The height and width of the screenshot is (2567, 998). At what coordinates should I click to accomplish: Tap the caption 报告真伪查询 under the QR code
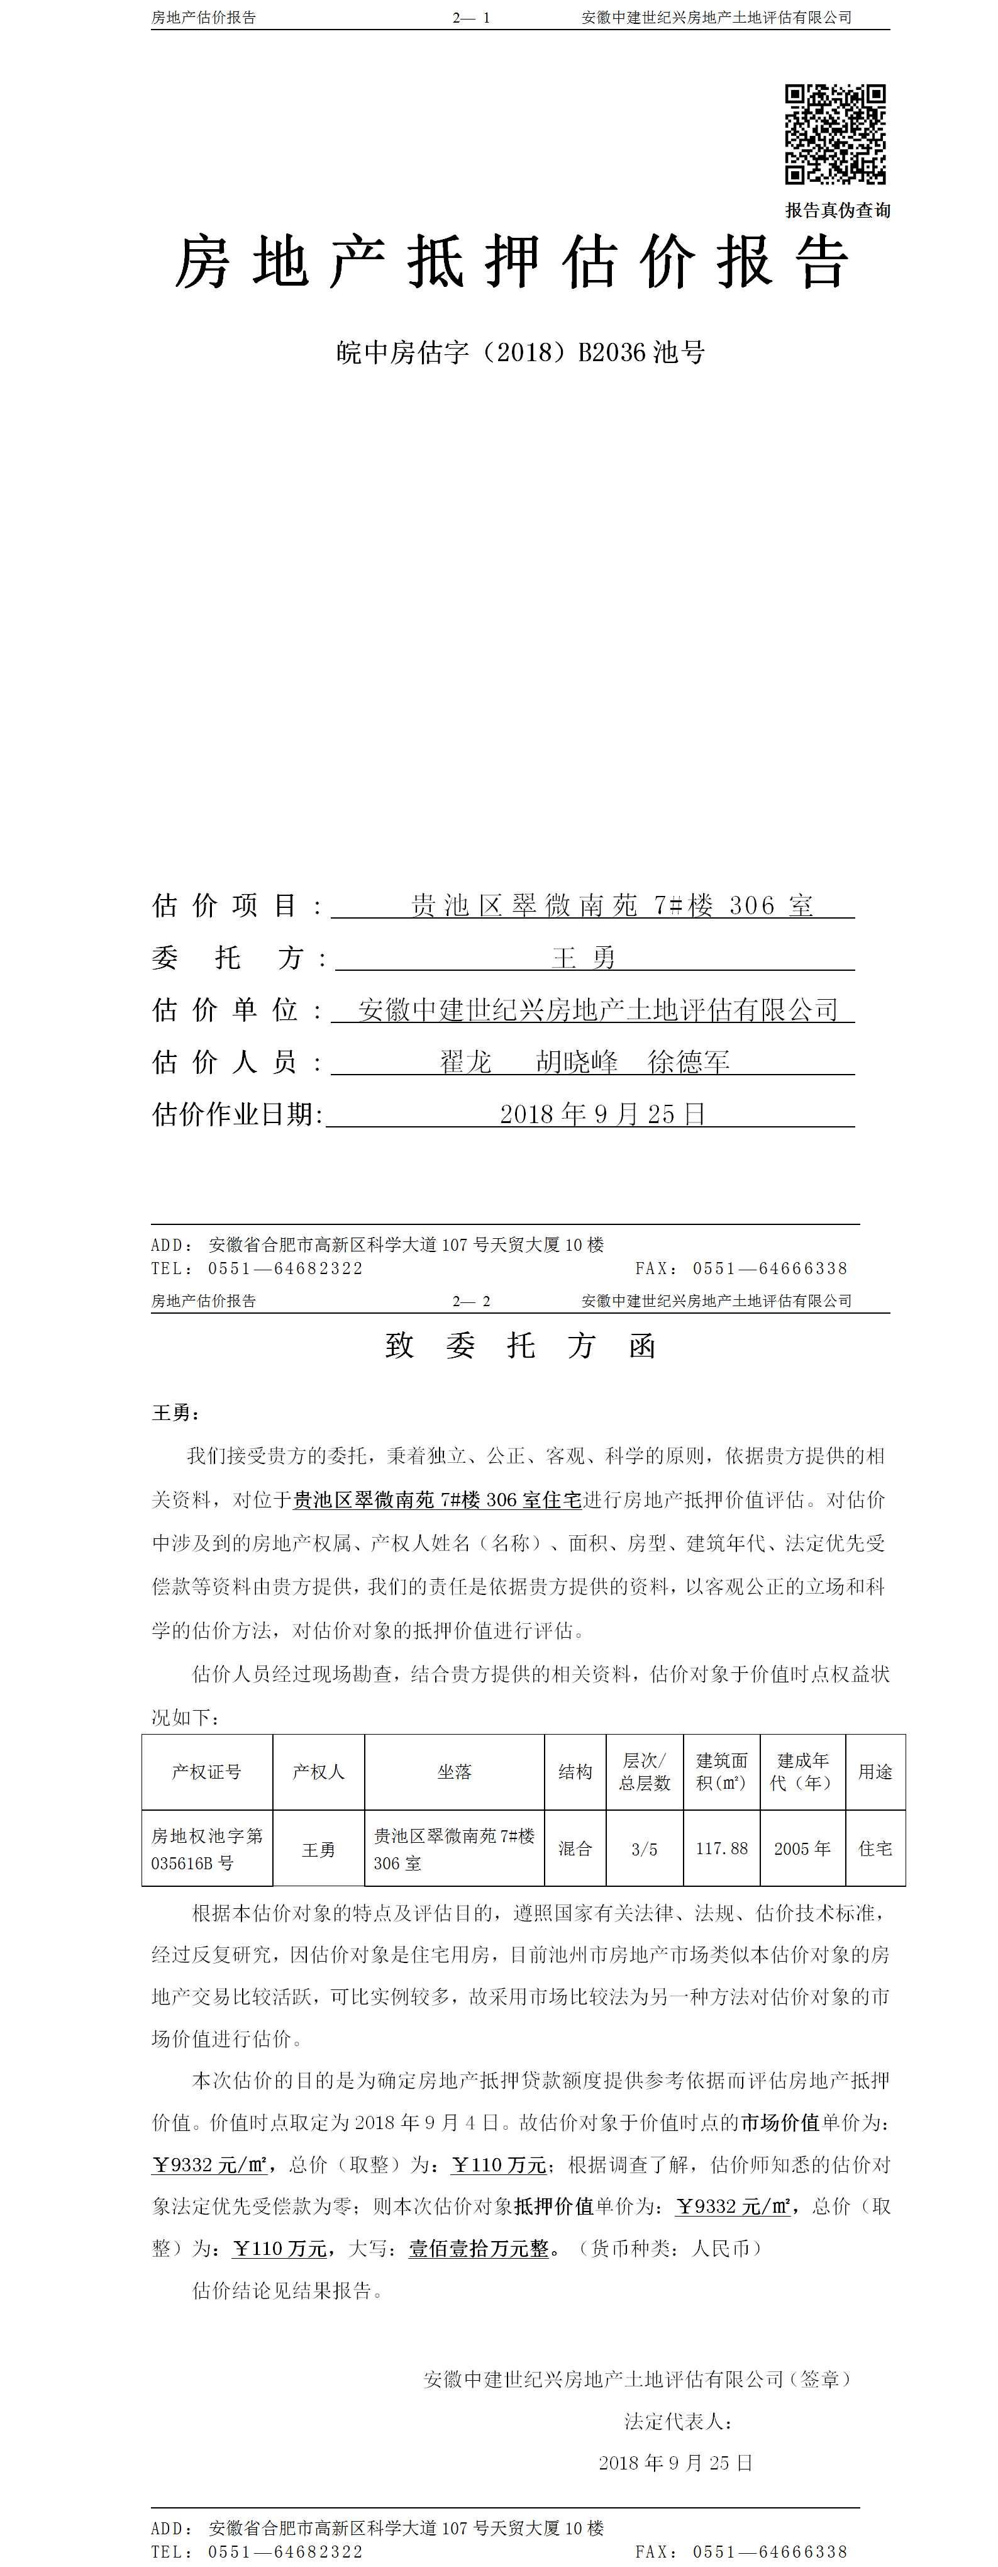pyautogui.click(x=838, y=210)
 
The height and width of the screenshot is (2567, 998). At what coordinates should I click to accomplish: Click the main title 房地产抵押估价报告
pyautogui.click(x=512, y=263)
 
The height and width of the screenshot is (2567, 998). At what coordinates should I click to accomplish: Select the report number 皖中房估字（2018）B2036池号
pyautogui.click(x=520, y=353)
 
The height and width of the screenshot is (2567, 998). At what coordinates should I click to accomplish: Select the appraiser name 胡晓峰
pyautogui.click(x=577, y=1062)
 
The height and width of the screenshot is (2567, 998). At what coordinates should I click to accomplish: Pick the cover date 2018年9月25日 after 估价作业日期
pyautogui.click(x=602, y=1114)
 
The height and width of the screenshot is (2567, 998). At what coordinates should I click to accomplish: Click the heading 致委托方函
pyautogui.click(x=520, y=1346)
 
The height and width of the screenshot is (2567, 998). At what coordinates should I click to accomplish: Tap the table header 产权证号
pyautogui.click(x=206, y=1772)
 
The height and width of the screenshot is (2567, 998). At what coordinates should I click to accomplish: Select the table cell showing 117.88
pyautogui.click(x=721, y=1848)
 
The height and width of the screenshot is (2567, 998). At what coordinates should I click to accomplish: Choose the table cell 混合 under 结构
pyautogui.click(x=575, y=1848)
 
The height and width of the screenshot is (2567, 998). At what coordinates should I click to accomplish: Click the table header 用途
pyautogui.click(x=875, y=1772)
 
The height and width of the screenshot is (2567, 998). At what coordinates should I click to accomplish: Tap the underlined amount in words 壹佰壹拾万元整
pyautogui.click(x=479, y=2248)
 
